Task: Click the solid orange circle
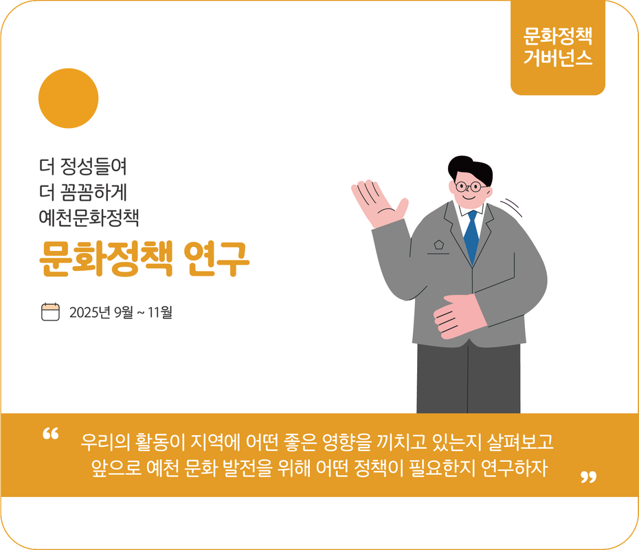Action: tap(68, 98)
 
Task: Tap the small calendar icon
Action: tap(51, 312)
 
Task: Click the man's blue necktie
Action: tap(471, 236)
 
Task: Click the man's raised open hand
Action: tap(377, 204)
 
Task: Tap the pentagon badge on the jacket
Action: tap(438, 244)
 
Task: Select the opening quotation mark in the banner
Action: tap(51, 434)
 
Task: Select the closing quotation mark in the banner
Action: tap(588, 476)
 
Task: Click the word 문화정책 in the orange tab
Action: tap(557, 35)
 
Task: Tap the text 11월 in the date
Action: tap(160, 313)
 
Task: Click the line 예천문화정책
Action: tap(89, 219)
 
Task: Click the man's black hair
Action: tap(469, 167)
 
